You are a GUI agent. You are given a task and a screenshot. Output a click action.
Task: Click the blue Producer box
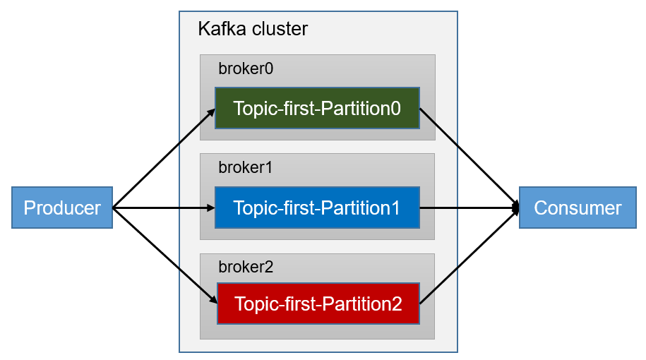[x=62, y=208]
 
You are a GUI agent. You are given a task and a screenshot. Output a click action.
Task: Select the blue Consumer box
[x=578, y=208]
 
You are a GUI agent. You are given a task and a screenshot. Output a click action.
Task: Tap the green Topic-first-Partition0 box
[x=317, y=108]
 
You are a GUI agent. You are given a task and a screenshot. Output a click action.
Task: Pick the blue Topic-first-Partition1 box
[x=317, y=208]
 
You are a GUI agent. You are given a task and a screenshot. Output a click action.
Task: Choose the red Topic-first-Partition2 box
[x=318, y=304]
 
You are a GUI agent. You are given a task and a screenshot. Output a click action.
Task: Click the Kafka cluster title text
[x=253, y=29]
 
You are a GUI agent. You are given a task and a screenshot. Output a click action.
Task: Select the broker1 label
[x=245, y=168]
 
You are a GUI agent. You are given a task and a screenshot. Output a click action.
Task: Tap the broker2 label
[x=245, y=267]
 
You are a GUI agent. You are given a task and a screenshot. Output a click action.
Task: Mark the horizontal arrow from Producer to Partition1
[x=162, y=208]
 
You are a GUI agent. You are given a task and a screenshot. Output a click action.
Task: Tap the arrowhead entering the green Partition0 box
[x=211, y=110]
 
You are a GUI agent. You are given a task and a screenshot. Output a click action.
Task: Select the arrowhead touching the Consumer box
[x=516, y=208]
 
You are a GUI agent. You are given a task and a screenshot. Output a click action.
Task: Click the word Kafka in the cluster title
[x=218, y=29]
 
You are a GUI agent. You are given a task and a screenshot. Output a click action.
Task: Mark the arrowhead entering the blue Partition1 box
[x=210, y=208]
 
